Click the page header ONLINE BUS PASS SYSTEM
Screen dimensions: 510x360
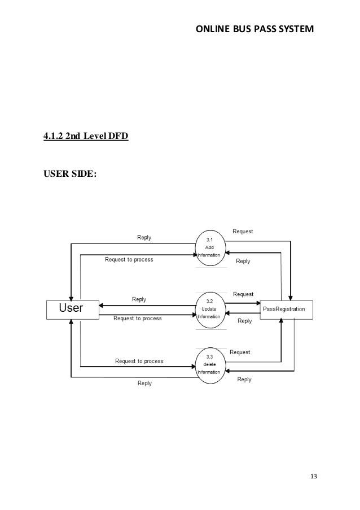click(254, 28)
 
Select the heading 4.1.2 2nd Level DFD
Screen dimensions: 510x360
click(86, 136)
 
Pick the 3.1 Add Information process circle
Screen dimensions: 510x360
click(209, 248)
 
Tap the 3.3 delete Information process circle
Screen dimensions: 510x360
click(209, 364)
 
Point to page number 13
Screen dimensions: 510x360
click(314, 476)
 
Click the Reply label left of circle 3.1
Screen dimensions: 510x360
click(144, 238)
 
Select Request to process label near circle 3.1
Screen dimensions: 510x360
click(129, 260)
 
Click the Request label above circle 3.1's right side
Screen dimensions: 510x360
click(243, 232)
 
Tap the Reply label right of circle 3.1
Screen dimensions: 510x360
click(243, 261)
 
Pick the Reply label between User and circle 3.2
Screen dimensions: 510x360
click(139, 299)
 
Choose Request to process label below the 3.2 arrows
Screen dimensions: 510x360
click(138, 319)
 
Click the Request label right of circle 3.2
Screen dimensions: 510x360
click(243, 294)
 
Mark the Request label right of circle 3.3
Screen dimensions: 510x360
click(240, 352)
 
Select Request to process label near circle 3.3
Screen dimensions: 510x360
click(139, 361)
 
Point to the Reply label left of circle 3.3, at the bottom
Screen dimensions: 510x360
click(144, 383)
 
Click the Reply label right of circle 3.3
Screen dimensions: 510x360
click(244, 380)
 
